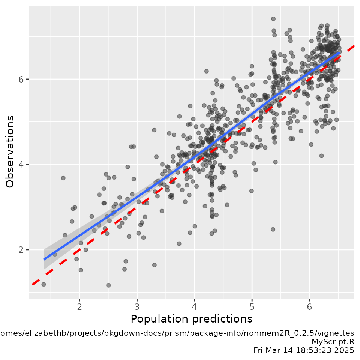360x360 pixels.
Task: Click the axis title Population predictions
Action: click(191, 319)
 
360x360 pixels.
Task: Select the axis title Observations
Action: click(10, 151)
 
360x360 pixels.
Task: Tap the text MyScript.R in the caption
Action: click(333, 342)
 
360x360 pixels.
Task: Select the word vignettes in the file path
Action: click(339, 333)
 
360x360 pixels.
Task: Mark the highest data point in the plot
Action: click(273, 19)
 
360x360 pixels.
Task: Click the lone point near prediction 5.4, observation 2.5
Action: click(273, 229)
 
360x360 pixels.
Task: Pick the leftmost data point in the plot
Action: click(43, 284)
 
